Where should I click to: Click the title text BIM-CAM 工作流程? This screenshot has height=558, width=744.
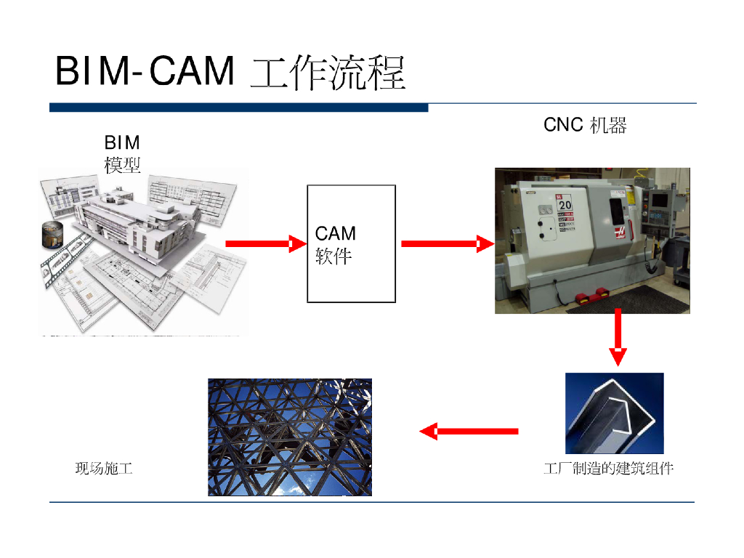230,72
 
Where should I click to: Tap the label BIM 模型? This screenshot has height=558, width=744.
122,153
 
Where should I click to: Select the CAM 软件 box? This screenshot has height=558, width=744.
352,243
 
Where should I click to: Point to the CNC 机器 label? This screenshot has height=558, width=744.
585,125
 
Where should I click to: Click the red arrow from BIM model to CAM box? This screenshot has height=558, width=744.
266,244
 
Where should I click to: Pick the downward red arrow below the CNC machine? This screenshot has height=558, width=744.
618,336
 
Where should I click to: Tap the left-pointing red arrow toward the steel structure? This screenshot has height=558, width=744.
469,432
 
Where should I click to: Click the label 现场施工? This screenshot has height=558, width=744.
104,469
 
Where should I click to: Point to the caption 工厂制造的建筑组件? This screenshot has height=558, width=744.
609,469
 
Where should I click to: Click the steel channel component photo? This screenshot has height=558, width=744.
615,413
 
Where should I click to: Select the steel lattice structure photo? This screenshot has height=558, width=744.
290,437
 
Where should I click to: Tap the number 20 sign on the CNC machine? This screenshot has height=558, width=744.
565,205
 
